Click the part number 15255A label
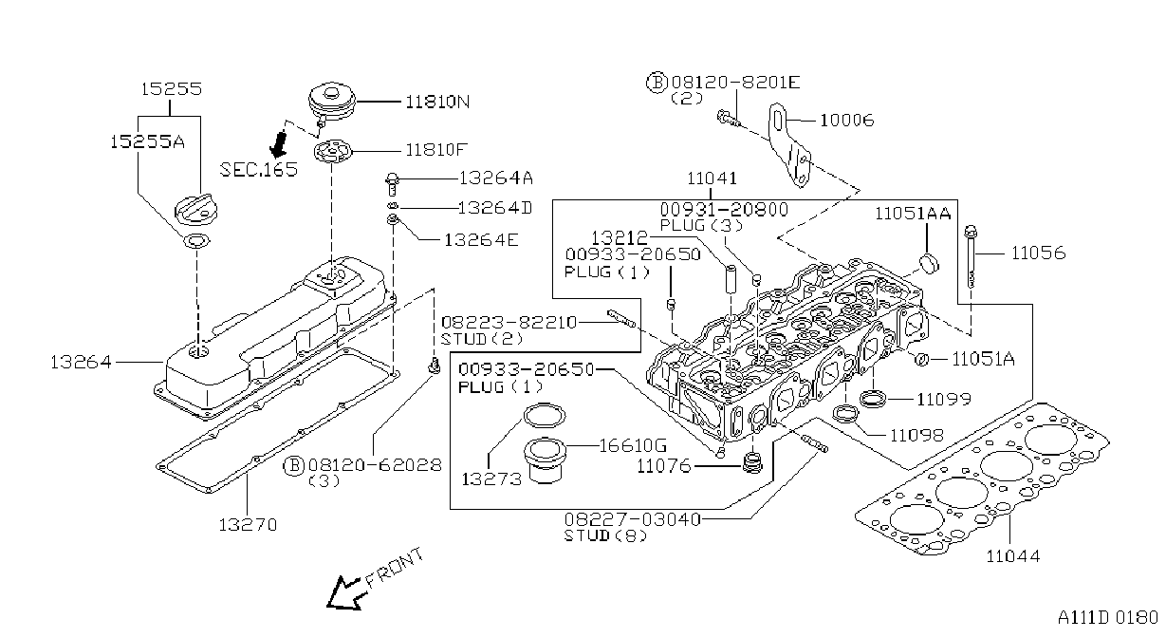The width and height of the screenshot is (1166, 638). point(147,141)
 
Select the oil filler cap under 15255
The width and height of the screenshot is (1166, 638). point(195,210)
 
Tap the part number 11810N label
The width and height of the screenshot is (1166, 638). point(437,102)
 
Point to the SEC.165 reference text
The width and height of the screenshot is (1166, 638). point(259,169)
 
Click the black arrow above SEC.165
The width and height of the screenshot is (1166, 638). point(279,145)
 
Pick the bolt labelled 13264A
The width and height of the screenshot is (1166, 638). point(393,184)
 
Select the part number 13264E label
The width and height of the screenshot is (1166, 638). point(482,240)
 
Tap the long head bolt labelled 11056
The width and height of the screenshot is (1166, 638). point(972,256)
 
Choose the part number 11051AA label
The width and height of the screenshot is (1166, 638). point(913,214)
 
